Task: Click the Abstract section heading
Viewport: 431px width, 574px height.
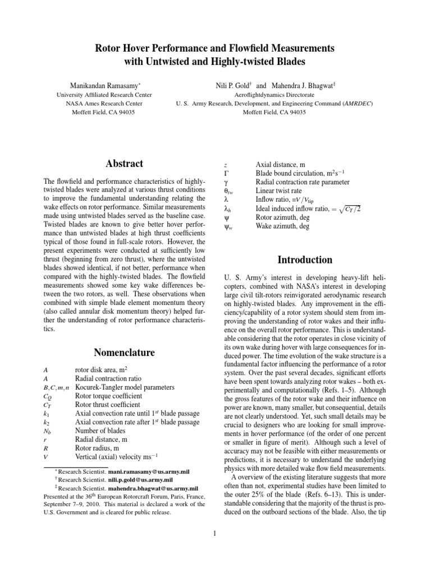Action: coord(124,164)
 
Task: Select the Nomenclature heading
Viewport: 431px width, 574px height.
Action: coord(124,352)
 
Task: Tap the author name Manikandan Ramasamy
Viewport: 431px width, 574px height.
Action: coord(108,86)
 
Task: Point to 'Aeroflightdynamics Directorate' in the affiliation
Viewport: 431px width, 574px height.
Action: coord(274,95)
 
